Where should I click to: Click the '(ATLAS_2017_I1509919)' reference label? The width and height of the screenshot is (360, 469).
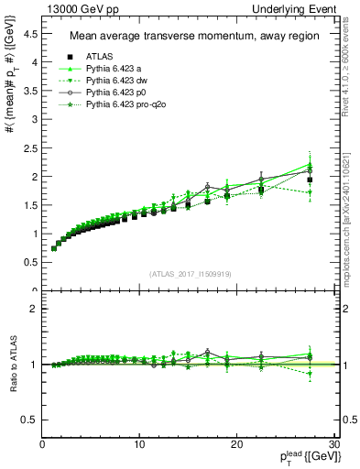click(189, 273)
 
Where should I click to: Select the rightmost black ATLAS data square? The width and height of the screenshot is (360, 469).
click(310, 180)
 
